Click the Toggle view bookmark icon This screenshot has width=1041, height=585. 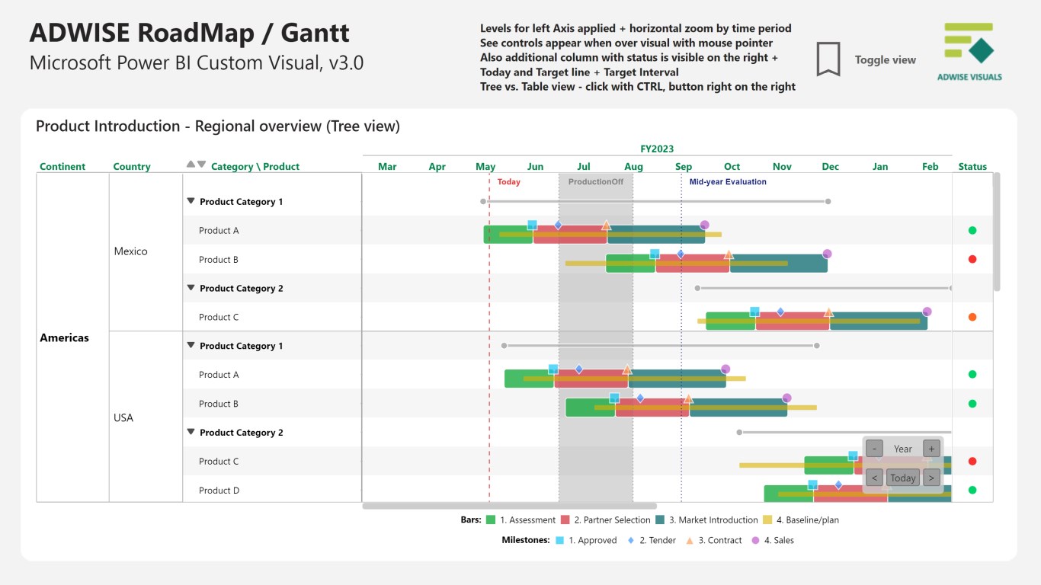coord(828,59)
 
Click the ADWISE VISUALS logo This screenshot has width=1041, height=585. coord(969,52)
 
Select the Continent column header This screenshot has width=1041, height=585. coord(62,167)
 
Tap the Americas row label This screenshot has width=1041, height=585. coord(64,337)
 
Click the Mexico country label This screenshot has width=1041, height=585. coord(130,251)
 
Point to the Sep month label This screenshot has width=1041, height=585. coord(684,167)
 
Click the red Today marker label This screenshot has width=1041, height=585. coord(508,182)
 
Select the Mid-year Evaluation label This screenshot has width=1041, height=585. coord(727,182)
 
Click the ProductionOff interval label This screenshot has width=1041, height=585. coord(595,182)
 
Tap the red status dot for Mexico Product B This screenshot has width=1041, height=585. coord(972,259)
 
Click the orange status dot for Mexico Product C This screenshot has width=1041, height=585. coord(972,317)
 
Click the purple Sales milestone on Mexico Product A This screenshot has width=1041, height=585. coord(704,225)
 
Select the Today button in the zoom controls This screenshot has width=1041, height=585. coord(903,478)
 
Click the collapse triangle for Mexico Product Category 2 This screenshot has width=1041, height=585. coord(191,288)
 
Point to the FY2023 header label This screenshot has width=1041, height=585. coord(657,149)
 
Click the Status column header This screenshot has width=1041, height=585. coord(972,167)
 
